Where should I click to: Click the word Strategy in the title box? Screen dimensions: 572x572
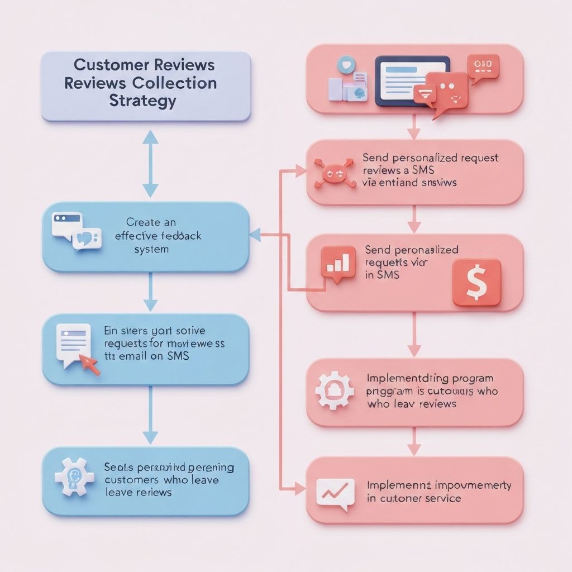[143, 101]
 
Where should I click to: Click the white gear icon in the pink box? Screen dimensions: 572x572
[334, 390]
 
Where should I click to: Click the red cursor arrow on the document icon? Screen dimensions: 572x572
[89, 365]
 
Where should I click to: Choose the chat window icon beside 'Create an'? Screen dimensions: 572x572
[77, 231]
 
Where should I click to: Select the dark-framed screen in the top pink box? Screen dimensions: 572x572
[412, 80]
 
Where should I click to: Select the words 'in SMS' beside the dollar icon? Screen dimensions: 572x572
[383, 275]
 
